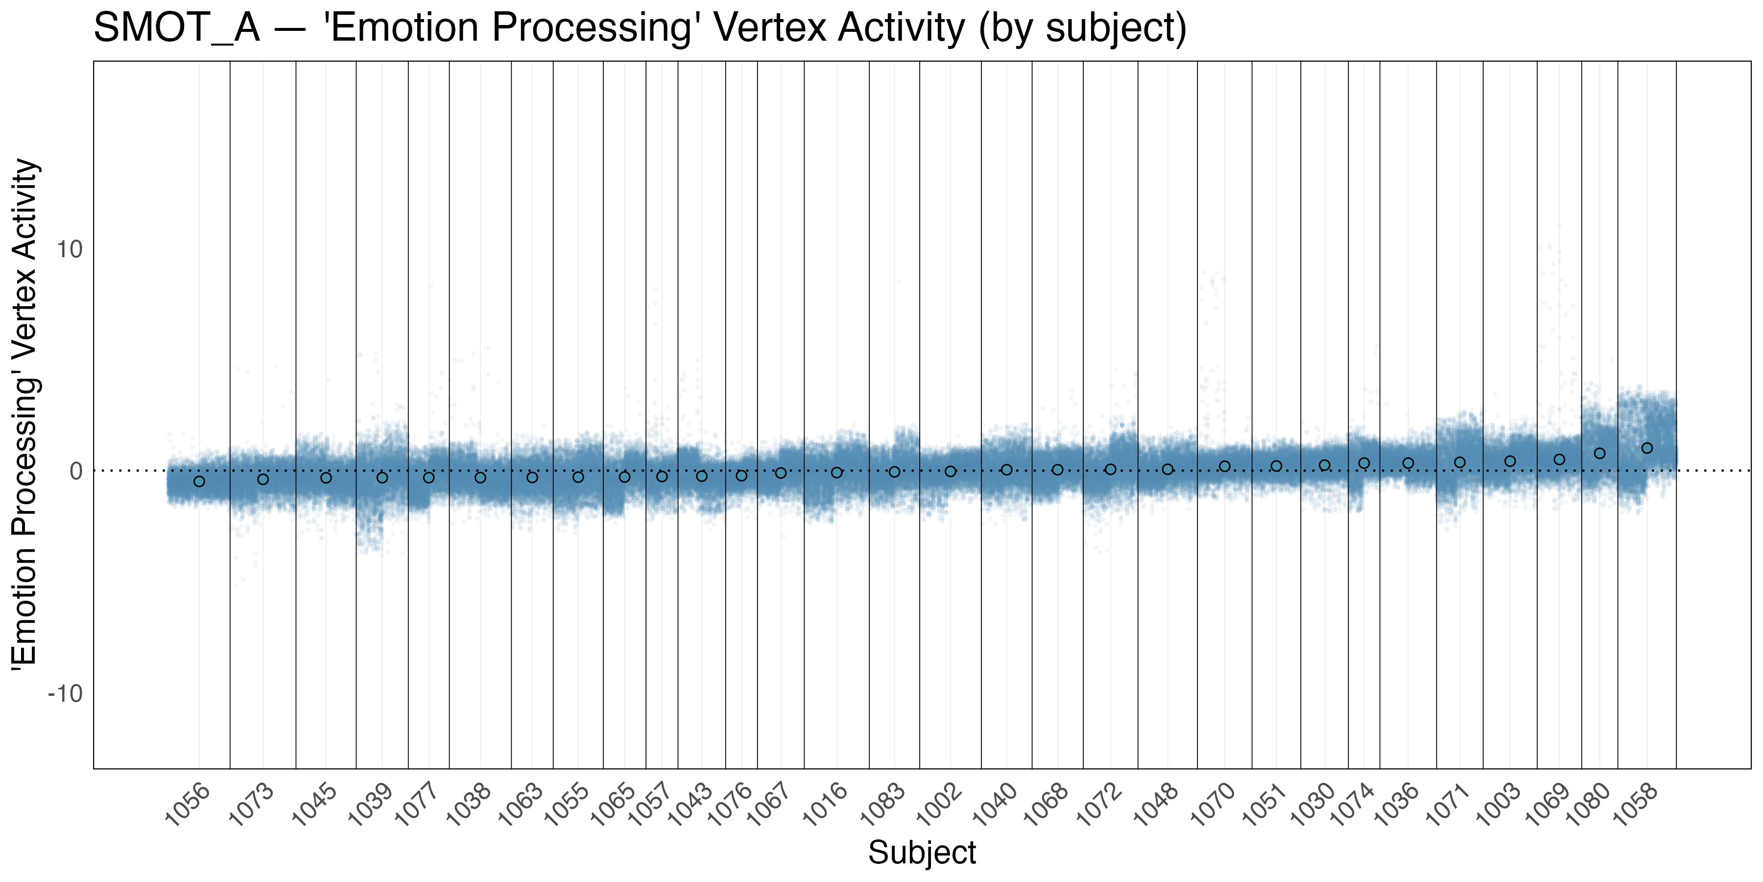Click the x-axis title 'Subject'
pos(922,853)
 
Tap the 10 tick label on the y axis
pos(69,249)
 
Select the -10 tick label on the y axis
pos(65,694)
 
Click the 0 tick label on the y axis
pos(75,471)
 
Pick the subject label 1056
pos(188,805)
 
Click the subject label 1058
pos(1636,805)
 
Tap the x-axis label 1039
pos(370,805)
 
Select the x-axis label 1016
pos(825,805)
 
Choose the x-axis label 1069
pos(1548,805)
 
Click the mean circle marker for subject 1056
pos(199,481)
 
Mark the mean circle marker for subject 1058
pos(1647,448)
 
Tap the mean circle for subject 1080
pos(1599,453)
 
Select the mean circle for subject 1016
pos(836,472)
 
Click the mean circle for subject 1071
pos(1460,462)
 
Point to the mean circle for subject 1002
pos(951,471)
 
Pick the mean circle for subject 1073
pos(263,479)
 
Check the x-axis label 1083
pos(882,805)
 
